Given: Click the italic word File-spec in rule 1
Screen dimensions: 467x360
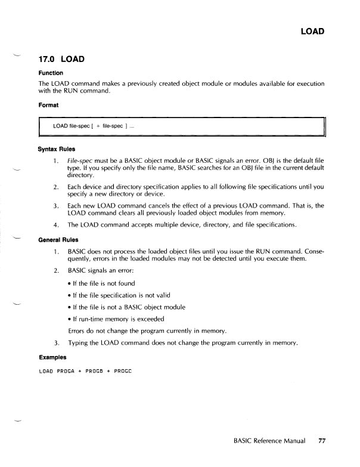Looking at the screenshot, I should pyautogui.click(x=79, y=160).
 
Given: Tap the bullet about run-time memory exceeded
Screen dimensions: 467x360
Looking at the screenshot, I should pyautogui.click(x=115, y=318).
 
